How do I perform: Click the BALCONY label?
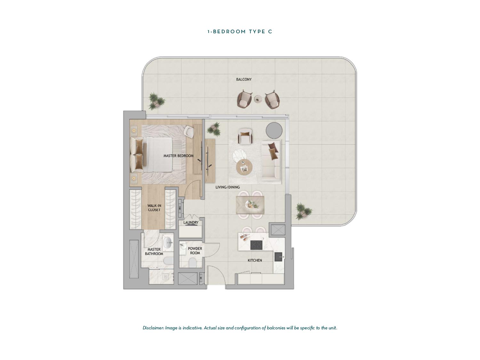244,79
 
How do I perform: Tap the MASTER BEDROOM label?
179,156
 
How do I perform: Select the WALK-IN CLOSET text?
154,208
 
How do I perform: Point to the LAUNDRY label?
191,222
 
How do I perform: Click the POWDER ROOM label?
195,251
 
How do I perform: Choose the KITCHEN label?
255,260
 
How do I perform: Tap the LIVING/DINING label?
228,187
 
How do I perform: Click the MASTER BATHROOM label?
154,252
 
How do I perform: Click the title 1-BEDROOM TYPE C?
240,32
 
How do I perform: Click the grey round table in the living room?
274,130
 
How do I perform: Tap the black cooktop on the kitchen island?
257,245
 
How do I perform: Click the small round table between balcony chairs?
259,99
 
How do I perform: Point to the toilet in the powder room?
192,262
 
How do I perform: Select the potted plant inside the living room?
214,129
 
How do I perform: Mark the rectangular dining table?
250,205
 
